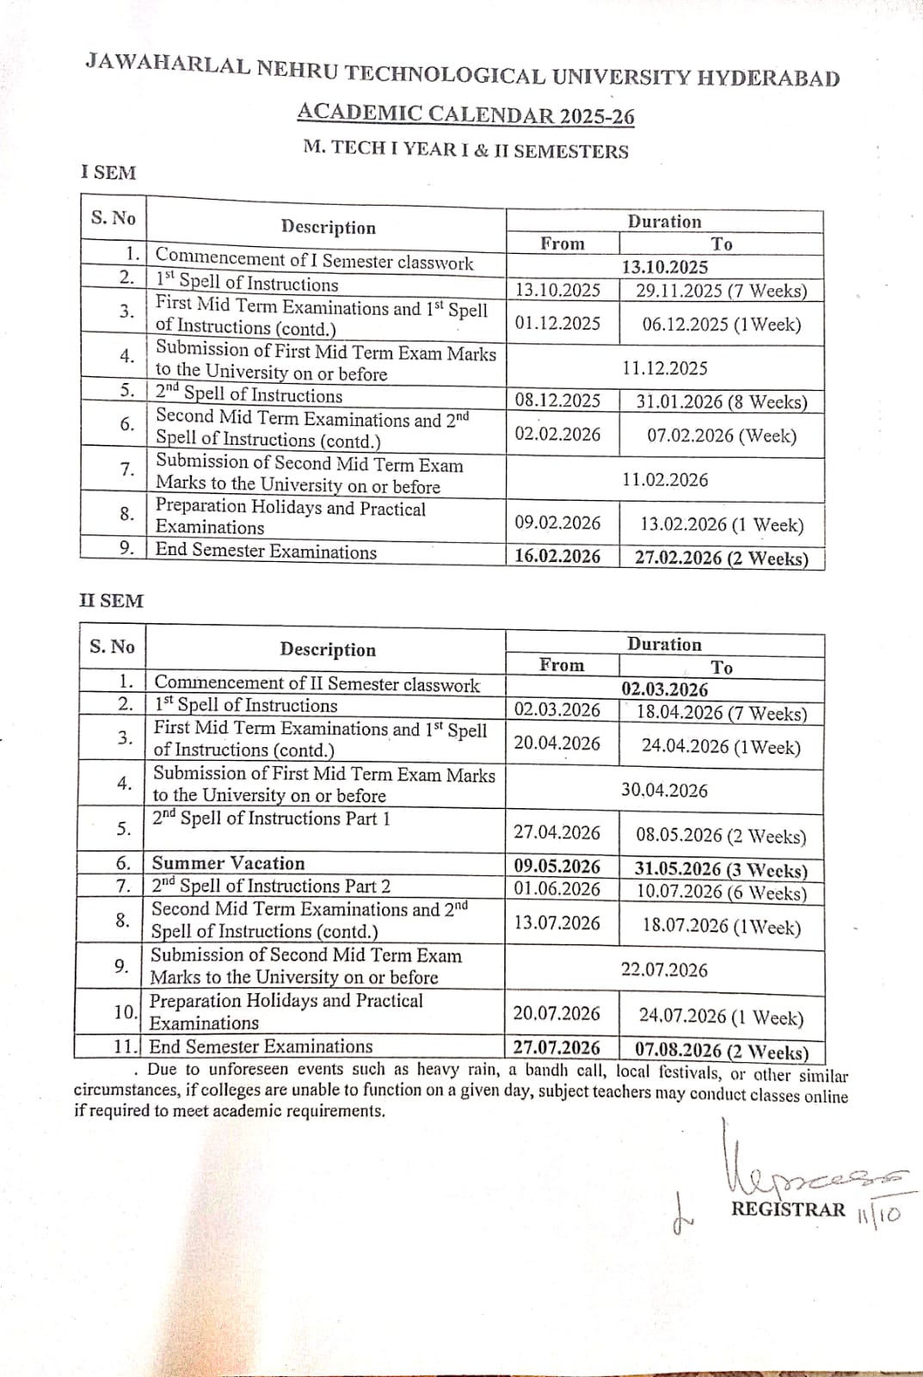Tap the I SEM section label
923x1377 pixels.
[108, 172]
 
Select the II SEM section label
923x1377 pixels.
[111, 601]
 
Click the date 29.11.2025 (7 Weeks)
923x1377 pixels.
[721, 290]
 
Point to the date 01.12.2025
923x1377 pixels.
[557, 323]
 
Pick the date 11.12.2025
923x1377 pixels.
[665, 368]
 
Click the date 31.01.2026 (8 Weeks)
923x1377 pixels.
[721, 402]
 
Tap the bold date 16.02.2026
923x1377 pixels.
[557, 556]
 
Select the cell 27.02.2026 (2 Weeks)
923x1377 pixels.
[721, 558]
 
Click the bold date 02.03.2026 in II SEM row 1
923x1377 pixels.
[665, 689]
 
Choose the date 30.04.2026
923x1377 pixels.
[664, 790]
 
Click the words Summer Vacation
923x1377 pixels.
[228, 863]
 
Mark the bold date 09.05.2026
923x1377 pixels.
[557, 867]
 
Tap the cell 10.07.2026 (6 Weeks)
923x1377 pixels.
[721, 892]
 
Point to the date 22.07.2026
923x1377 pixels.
[664, 970]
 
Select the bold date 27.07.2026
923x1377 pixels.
[557, 1047]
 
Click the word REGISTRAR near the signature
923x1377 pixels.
[788, 1209]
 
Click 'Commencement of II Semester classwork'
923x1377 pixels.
[317, 685]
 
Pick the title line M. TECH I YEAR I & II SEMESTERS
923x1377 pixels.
[465, 150]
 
